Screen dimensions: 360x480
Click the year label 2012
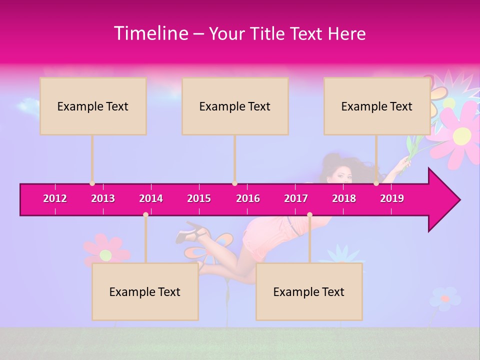(55, 198)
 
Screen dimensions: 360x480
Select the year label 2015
(199, 198)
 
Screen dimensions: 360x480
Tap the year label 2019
(391, 198)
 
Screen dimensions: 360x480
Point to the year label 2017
(296, 198)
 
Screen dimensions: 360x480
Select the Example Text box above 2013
(93, 106)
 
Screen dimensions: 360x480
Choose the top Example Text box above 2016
(235, 106)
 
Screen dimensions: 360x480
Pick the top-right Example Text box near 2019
(376, 106)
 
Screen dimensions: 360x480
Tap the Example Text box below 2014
(145, 291)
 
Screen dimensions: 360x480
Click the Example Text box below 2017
(309, 291)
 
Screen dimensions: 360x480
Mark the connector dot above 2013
(92, 183)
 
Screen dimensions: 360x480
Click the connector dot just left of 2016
(235, 183)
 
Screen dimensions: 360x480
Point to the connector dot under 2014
(145, 214)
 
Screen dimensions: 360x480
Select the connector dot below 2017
(309, 214)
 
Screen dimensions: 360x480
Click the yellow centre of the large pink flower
(462, 134)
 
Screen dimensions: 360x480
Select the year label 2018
(344, 198)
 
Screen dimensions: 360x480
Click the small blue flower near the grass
(444, 298)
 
